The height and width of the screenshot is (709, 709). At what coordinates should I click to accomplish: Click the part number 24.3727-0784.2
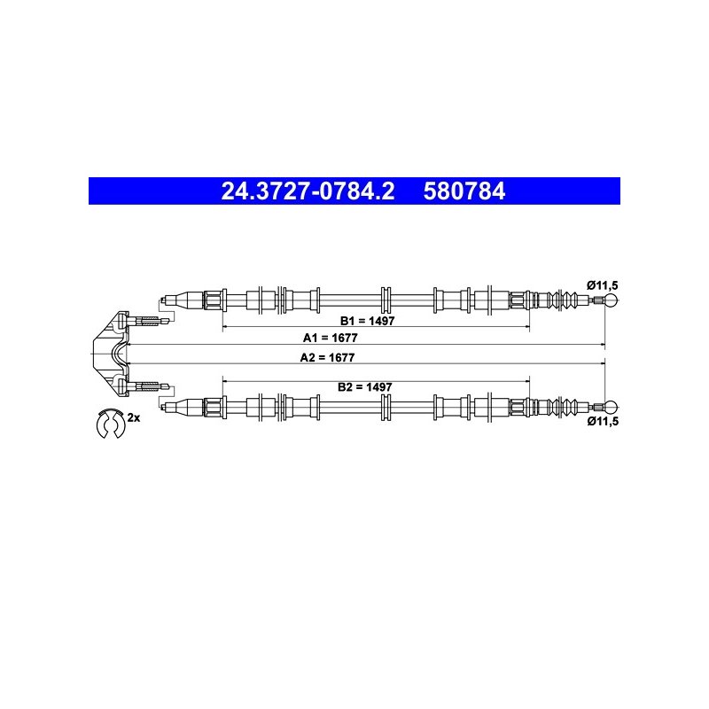pyautogui.click(x=308, y=191)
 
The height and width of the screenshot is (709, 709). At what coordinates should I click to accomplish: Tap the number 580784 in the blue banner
pyautogui.click(x=464, y=191)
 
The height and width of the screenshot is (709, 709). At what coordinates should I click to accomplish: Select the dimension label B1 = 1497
pyautogui.click(x=367, y=321)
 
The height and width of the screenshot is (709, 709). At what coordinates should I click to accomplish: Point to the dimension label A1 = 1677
pyautogui.click(x=330, y=338)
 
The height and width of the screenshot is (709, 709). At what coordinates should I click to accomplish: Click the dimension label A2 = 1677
pyautogui.click(x=327, y=358)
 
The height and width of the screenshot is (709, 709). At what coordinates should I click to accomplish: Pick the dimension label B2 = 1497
pyautogui.click(x=365, y=387)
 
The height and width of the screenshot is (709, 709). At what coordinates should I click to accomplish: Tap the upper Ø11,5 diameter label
pyautogui.click(x=603, y=285)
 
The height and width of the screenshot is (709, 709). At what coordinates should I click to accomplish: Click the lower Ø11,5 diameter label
pyautogui.click(x=603, y=422)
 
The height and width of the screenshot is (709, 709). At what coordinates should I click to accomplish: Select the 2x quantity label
pyautogui.click(x=134, y=417)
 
